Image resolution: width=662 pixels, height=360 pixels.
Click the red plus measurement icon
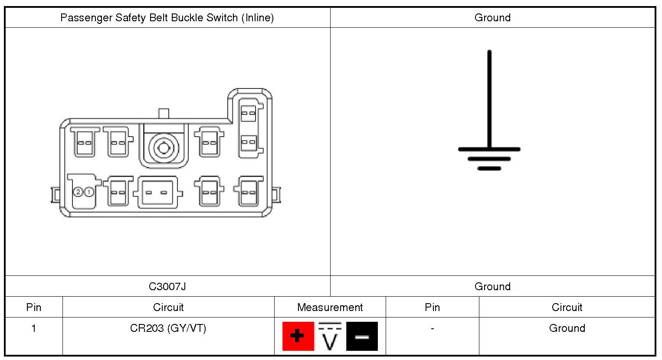pyautogui.click(x=298, y=336)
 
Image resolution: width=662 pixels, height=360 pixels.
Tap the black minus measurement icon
pyautogui.click(x=362, y=336)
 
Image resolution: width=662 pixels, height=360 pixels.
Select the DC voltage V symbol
pyautogui.click(x=330, y=336)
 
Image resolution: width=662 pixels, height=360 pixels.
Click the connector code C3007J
pyautogui.click(x=167, y=287)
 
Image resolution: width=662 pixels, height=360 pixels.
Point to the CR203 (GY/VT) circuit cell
pyautogui.click(x=168, y=328)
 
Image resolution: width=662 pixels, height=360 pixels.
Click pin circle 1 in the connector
pyautogui.click(x=89, y=192)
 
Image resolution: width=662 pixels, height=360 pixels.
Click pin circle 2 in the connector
pyautogui.click(x=78, y=192)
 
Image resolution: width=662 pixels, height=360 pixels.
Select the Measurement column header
pyautogui.click(x=330, y=308)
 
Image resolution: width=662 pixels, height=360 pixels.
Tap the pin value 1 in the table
pyautogui.click(x=33, y=328)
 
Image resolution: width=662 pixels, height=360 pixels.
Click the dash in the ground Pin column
pyautogui.click(x=432, y=328)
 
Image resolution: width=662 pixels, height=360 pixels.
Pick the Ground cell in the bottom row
pyautogui.click(x=567, y=328)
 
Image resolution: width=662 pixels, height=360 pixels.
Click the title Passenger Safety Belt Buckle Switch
pyautogui.click(x=167, y=18)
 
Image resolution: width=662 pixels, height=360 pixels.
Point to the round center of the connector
pyautogui.click(x=164, y=148)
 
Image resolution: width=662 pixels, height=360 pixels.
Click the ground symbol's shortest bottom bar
pyautogui.click(x=489, y=168)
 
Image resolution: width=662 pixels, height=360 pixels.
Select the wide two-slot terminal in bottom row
pyautogui.click(x=157, y=192)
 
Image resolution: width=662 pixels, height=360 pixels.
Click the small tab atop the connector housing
pyautogui.click(x=164, y=113)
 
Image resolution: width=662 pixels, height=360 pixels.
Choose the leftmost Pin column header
pyautogui.click(x=33, y=308)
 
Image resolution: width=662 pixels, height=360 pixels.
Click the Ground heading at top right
pyautogui.click(x=492, y=18)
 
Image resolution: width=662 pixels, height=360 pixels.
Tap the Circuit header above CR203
pyautogui.click(x=168, y=308)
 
